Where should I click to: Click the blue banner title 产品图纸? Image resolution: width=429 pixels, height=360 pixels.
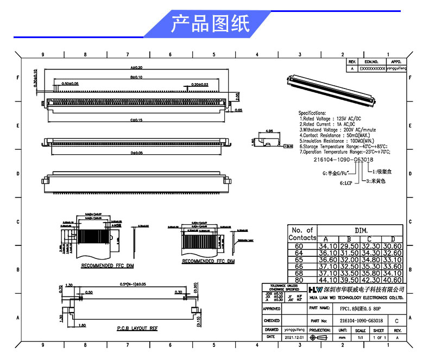tap(210, 24)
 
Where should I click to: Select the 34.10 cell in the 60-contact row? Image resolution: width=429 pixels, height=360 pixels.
tap(330, 247)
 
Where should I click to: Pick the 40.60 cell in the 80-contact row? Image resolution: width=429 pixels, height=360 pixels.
tap(393, 280)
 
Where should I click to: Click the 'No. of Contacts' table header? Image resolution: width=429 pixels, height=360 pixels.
tap(302, 234)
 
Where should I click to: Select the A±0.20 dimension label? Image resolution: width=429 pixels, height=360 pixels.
tap(135, 68)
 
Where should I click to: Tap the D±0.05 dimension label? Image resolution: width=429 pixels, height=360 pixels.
tap(135, 154)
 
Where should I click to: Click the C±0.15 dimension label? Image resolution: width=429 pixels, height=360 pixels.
tap(135, 119)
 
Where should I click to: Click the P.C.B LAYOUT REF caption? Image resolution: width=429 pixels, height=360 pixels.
tap(137, 329)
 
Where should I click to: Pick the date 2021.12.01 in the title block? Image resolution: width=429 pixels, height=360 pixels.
tap(296, 337)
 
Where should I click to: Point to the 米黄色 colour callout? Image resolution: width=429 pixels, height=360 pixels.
tap(376, 180)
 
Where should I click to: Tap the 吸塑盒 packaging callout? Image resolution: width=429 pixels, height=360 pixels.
tap(382, 172)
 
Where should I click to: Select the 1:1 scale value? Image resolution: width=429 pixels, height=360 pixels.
tap(361, 337)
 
